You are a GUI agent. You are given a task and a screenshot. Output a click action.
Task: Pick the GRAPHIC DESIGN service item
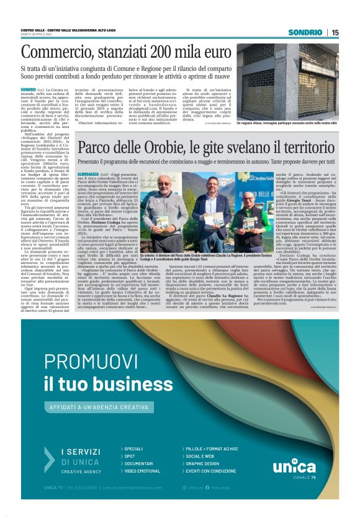point(202,463)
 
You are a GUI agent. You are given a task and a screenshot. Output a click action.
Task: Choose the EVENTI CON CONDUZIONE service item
point(210,471)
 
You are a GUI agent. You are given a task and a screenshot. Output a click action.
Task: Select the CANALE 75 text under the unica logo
point(305,477)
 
